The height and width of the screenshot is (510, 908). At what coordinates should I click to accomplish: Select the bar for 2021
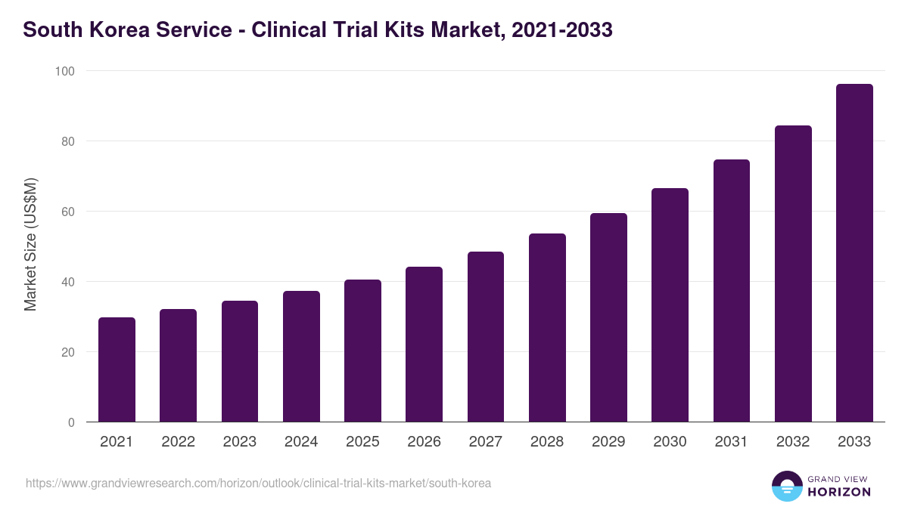[x=117, y=369]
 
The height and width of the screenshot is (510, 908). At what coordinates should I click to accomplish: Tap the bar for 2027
[x=486, y=337]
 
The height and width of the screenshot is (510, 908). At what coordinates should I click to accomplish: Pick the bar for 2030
[x=670, y=305]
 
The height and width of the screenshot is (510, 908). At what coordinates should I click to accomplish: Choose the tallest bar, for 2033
[x=854, y=253]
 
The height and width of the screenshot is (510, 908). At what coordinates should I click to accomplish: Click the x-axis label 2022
[x=178, y=442]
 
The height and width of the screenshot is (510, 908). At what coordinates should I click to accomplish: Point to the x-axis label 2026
[x=424, y=442]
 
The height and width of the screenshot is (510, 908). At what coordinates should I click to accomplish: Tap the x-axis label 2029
[x=608, y=442]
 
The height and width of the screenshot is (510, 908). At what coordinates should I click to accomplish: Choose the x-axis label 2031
[x=732, y=442]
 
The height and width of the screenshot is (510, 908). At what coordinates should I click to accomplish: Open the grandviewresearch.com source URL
[x=258, y=483]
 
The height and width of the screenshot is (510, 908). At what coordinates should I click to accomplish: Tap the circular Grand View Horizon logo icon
[x=786, y=486]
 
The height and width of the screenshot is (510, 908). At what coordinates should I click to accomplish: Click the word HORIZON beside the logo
[x=839, y=492]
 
